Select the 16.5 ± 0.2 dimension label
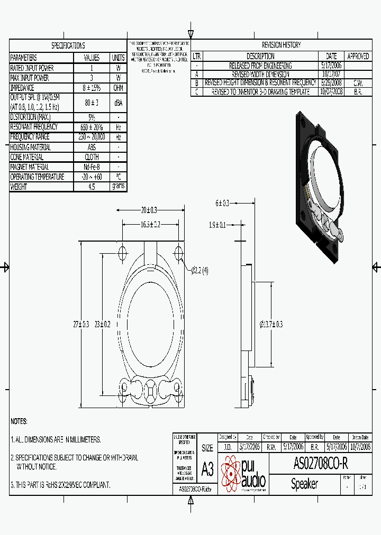(x=150, y=224)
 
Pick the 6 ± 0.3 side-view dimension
(x=222, y=203)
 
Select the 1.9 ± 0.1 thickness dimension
(x=217, y=225)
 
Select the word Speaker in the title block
(x=304, y=484)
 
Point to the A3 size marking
(x=207, y=469)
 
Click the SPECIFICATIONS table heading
(x=68, y=45)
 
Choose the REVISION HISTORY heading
(x=281, y=45)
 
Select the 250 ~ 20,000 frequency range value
(x=92, y=137)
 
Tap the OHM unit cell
(x=118, y=88)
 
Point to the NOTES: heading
(x=19, y=421)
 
